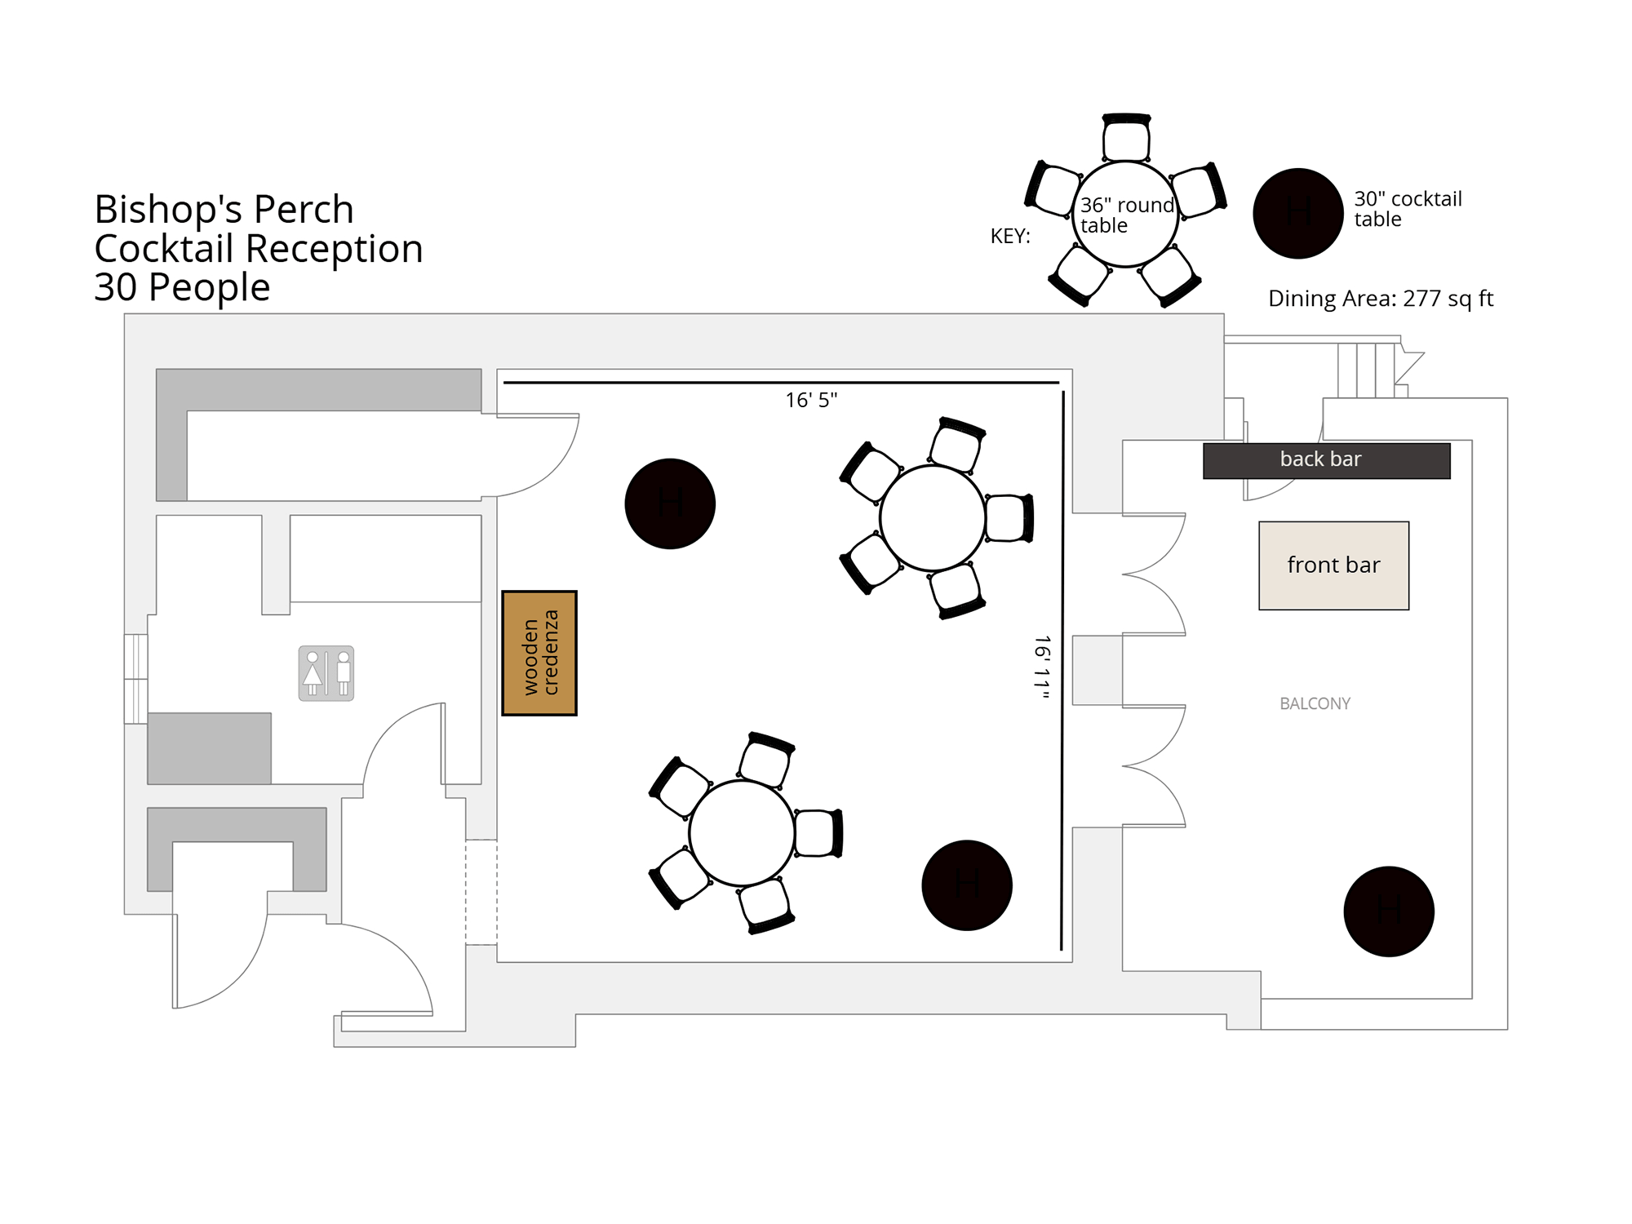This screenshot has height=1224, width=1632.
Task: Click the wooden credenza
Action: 539,653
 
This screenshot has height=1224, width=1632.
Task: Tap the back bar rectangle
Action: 1326,460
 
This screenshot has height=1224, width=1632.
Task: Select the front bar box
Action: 1333,565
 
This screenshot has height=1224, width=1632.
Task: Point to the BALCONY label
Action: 1315,703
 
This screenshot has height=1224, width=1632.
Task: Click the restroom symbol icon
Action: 326,673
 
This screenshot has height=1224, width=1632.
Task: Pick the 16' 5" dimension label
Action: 811,400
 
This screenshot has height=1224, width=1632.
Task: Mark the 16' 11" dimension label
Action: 1042,667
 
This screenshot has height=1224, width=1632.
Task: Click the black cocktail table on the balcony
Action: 1389,911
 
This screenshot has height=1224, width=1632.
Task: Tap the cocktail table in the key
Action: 1297,213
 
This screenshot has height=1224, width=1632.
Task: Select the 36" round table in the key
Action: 1125,215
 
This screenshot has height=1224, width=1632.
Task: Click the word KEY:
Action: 1010,237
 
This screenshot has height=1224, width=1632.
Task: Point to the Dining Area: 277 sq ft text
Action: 1381,299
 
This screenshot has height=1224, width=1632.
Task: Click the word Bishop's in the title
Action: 168,210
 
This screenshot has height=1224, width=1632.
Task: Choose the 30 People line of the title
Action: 182,287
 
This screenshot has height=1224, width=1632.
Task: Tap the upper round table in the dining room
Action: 933,518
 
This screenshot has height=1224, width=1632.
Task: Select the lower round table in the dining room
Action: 742,833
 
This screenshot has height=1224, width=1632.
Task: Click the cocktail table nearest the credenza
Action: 670,503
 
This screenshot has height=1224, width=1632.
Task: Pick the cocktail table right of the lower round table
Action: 967,885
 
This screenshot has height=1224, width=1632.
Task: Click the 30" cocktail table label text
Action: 1408,209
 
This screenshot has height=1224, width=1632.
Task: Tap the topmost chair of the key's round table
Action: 1126,137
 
